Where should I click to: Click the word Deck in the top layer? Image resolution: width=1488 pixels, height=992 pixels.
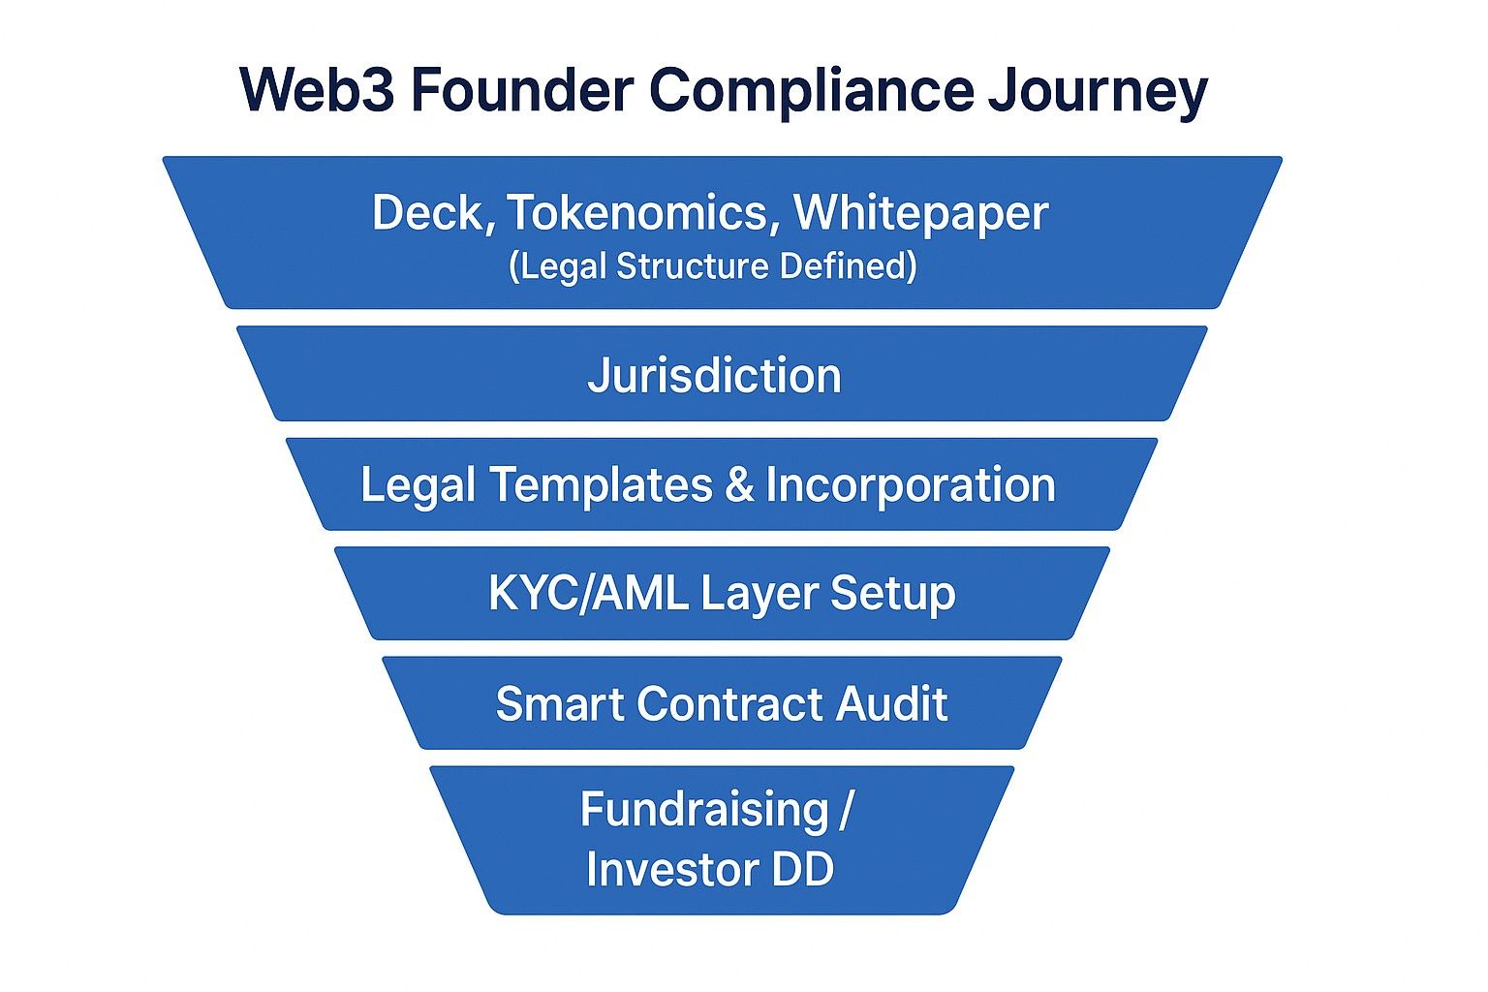point(432,212)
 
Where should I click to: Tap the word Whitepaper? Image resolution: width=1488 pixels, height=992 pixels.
point(921,214)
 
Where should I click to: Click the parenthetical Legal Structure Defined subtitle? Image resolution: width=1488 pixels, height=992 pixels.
point(713,266)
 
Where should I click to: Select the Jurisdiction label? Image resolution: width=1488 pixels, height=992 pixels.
point(715,376)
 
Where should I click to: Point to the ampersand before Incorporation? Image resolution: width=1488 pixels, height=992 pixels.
point(739,484)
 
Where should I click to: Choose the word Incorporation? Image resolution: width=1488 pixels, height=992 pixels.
point(911,484)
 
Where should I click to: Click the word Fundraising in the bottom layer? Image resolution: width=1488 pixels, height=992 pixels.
point(704,810)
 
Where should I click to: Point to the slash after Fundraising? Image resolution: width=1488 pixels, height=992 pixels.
point(846,810)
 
